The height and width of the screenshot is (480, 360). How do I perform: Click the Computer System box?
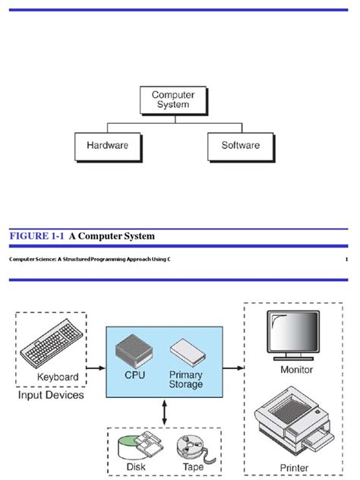(172, 100)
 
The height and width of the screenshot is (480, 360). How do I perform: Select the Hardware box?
(107, 145)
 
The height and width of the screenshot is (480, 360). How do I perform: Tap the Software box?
(240, 145)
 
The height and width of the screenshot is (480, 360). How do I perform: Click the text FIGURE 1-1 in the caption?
(37, 236)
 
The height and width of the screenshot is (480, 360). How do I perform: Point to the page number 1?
(346, 261)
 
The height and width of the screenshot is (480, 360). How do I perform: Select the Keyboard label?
(58, 377)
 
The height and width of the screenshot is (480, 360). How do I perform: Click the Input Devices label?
(51, 395)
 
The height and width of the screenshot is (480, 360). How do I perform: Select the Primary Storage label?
(185, 379)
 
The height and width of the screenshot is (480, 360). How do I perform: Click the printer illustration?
(292, 422)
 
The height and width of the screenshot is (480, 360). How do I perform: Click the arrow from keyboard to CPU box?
(95, 368)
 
